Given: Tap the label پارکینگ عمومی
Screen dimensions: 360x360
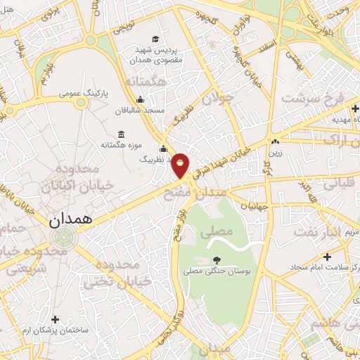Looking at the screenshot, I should (x=83, y=92).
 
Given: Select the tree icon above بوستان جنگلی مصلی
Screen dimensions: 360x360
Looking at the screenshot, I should (x=217, y=260).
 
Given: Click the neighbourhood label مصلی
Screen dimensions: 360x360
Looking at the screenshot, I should (x=217, y=231).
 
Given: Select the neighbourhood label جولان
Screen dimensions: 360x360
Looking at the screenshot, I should (x=217, y=99).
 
